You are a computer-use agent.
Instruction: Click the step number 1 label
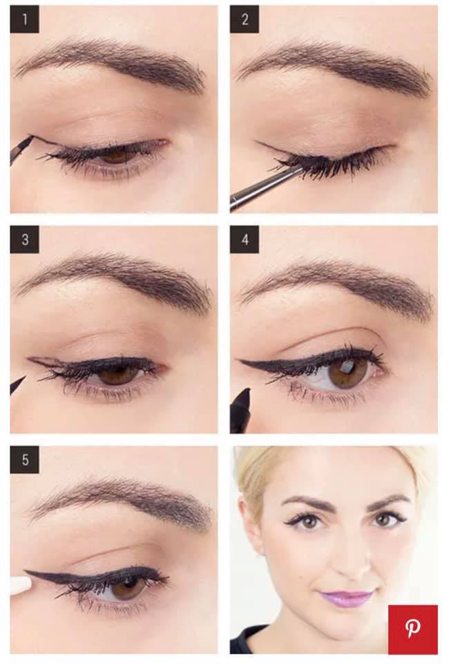[24, 19]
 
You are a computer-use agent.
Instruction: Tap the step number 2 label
[245, 19]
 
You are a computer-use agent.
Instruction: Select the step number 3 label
[24, 240]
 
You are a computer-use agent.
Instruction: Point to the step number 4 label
[245, 240]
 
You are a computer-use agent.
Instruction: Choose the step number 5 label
[24, 459]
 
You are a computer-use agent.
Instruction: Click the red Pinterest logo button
[412, 629]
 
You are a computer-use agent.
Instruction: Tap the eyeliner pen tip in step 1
[30, 138]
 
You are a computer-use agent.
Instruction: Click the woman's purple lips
[346, 598]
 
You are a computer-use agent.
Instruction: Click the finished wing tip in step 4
[241, 362]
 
